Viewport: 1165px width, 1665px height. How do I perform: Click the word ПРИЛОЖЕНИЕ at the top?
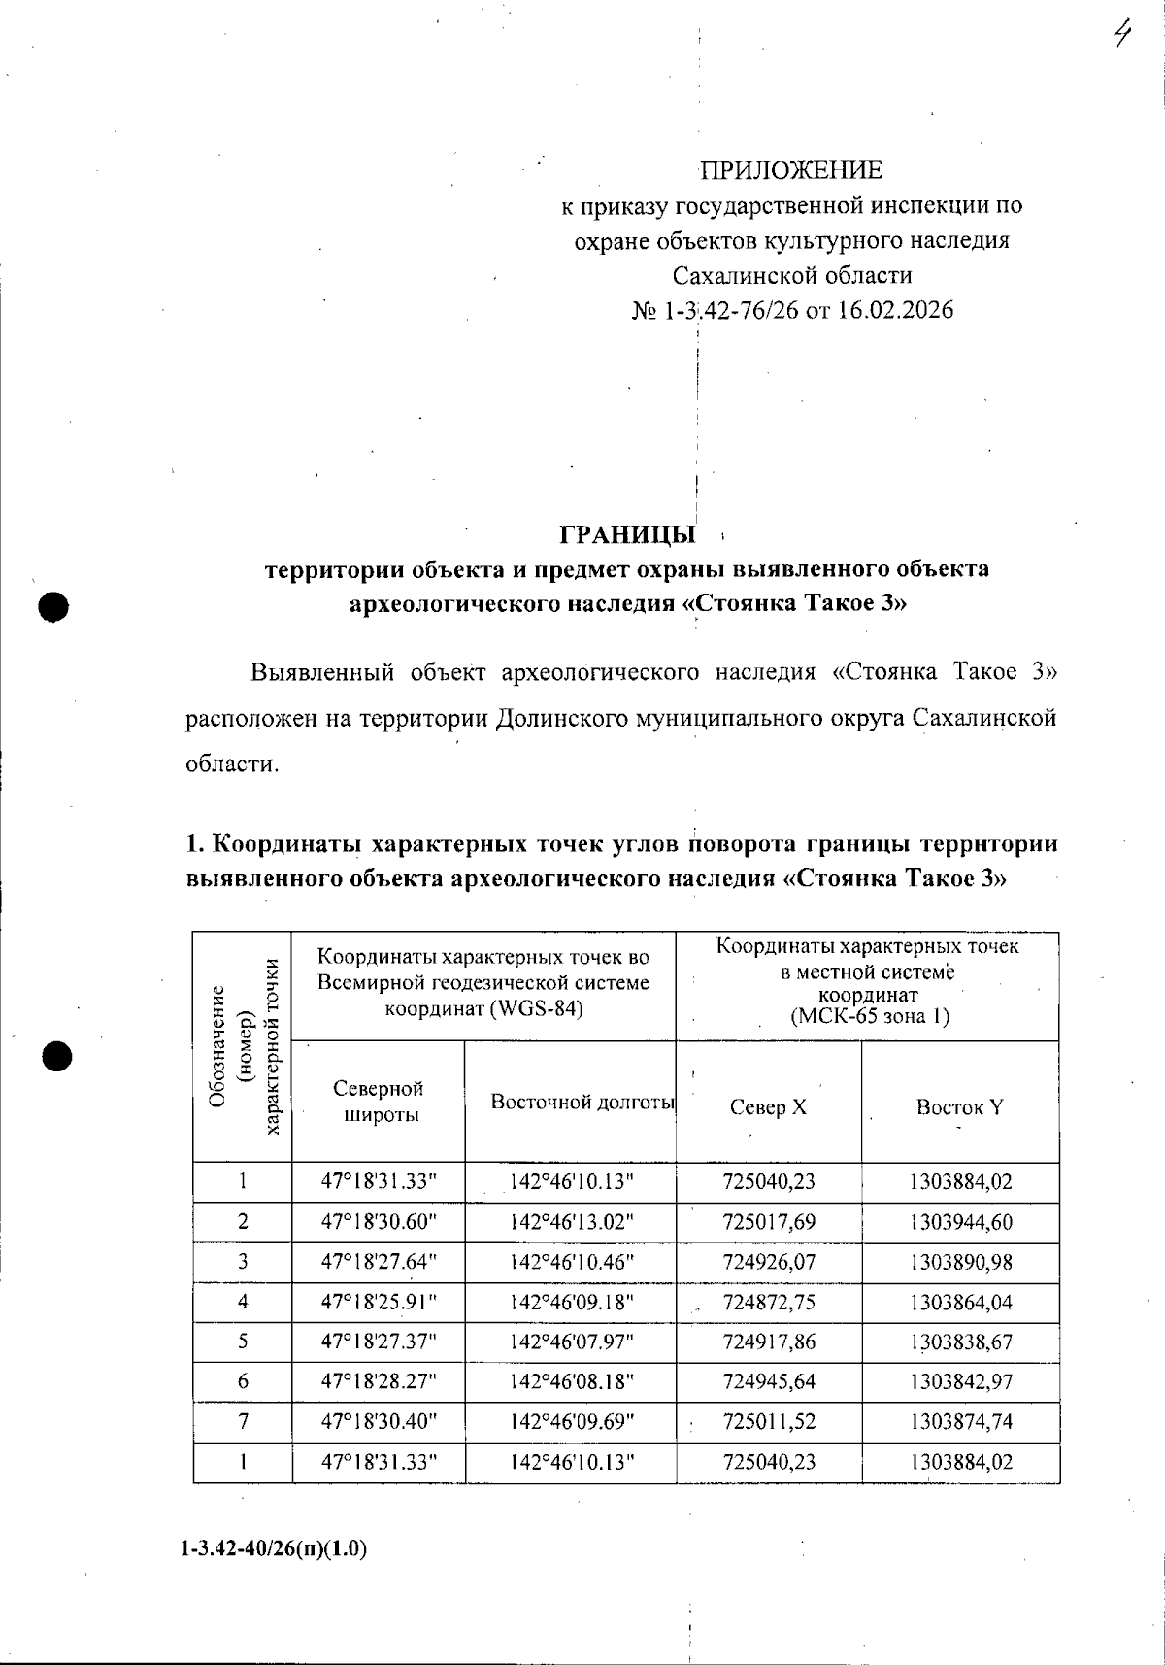pyautogui.click(x=791, y=171)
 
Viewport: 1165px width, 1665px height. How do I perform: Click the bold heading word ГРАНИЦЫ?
pyautogui.click(x=627, y=535)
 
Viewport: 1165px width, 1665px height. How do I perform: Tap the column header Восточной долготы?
pyautogui.click(x=582, y=1102)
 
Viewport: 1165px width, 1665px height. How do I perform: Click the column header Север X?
pyautogui.click(x=768, y=1107)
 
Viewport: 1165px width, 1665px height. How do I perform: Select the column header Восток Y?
pyautogui.click(x=959, y=1107)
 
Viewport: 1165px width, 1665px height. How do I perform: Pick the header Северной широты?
pyautogui.click(x=378, y=1101)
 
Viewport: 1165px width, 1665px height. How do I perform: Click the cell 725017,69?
pyautogui.click(x=769, y=1222)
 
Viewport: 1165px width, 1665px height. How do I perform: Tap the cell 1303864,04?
pyautogui.click(x=960, y=1302)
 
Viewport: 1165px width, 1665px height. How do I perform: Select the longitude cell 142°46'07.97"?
pyautogui.click(x=572, y=1342)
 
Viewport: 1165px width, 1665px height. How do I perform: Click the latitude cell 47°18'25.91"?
pyautogui.click(x=379, y=1302)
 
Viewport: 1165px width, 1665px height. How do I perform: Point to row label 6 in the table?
pyautogui.click(x=243, y=1381)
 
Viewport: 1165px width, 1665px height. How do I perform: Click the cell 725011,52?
pyautogui.click(x=769, y=1421)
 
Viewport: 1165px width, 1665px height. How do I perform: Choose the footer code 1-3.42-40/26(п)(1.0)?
pyautogui.click(x=274, y=1549)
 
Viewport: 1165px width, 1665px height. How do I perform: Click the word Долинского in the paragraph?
pyautogui.click(x=560, y=719)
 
